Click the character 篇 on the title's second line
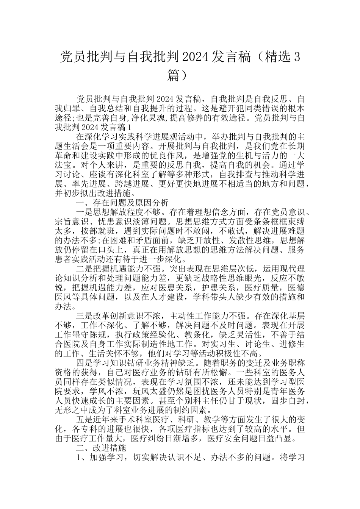(x=174, y=75)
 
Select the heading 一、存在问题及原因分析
(x=122, y=203)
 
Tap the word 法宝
(x=64, y=165)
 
